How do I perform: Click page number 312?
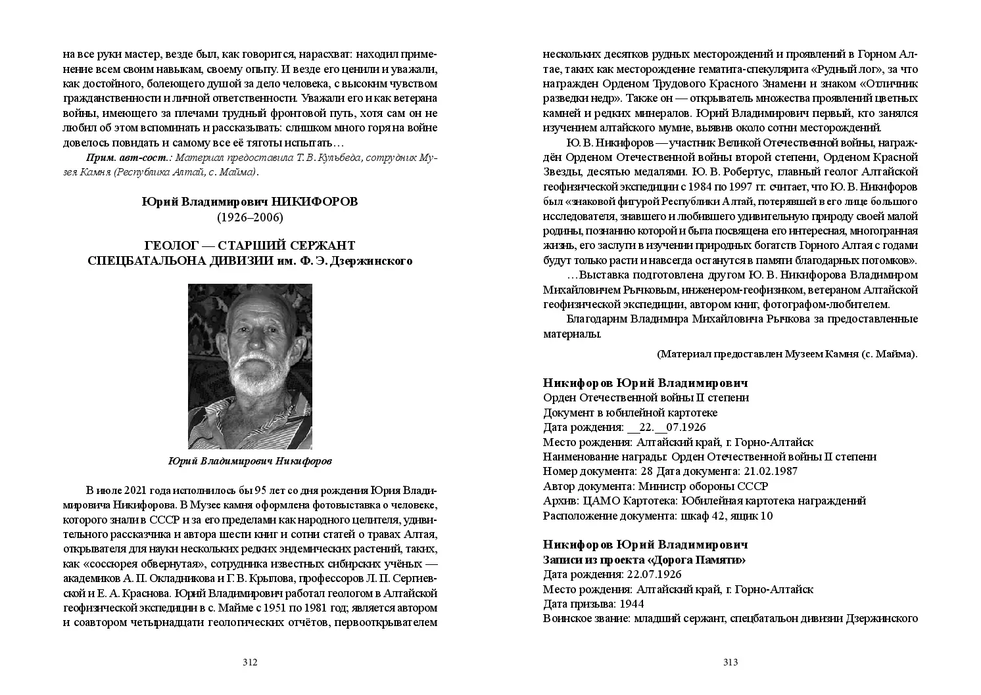(x=249, y=662)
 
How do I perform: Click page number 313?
(x=730, y=662)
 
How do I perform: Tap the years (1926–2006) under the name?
(x=250, y=217)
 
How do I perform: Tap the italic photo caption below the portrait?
(x=250, y=461)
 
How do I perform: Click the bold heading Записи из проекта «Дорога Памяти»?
(x=644, y=560)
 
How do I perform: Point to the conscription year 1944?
(x=630, y=604)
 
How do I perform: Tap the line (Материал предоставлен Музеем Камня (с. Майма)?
(x=787, y=353)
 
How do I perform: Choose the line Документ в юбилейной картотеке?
(x=630, y=413)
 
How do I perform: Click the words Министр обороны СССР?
(x=703, y=486)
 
